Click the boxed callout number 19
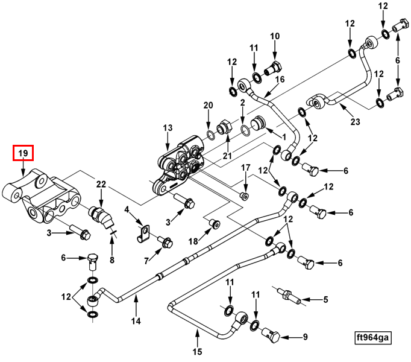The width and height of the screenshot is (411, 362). [24, 154]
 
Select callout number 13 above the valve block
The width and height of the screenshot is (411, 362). [168, 128]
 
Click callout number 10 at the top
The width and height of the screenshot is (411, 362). [275, 36]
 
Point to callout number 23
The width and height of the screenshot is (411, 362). [355, 122]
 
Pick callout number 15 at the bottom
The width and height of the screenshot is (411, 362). [197, 352]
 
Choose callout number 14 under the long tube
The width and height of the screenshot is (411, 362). [136, 321]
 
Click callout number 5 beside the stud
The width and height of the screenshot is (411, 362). [325, 300]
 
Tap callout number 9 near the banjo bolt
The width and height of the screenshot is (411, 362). [305, 337]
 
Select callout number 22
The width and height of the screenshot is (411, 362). [101, 184]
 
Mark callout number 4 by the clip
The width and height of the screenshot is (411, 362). [127, 210]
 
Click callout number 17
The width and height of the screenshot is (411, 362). [245, 167]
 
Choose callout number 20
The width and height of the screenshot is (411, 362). [208, 106]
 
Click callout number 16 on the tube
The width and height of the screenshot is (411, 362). [280, 80]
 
